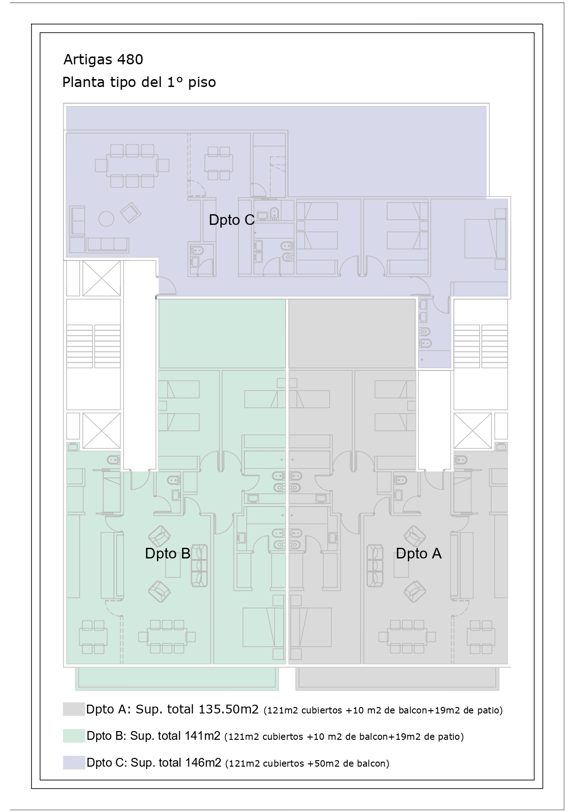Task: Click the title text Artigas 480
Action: pyautogui.click(x=103, y=60)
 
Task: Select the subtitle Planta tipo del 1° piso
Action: pyautogui.click(x=139, y=82)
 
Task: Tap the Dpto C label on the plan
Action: pyautogui.click(x=231, y=220)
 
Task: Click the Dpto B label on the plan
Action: pyautogui.click(x=168, y=553)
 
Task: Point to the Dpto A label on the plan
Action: pyautogui.click(x=418, y=553)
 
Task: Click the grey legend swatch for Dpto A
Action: pyautogui.click(x=74, y=709)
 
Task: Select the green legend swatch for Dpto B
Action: pyautogui.click(x=74, y=736)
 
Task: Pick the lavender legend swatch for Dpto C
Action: pyautogui.click(x=74, y=762)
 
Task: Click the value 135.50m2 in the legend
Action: pyautogui.click(x=228, y=709)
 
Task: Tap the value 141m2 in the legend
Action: pyautogui.click(x=203, y=736)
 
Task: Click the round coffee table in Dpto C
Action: pyautogui.click(x=106, y=218)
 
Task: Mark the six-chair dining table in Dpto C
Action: pyautogui.click(x=132, y=166)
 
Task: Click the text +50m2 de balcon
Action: pyautogui.click(x=348, y=763)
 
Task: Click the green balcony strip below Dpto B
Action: pyautogui.click(x=177, y=678)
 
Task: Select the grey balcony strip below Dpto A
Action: pyautogui.click(x=398, y=678)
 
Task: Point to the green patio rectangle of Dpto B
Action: pyautogui.click(x=222, y=334)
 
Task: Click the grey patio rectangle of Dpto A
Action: pyautogui.click(x=352, y=334)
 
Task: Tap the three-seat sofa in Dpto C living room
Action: pyautogui.click(x=107, y=244)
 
